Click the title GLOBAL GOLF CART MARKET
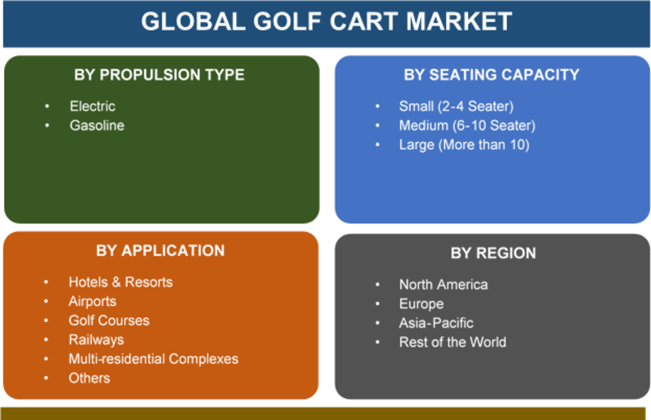326,21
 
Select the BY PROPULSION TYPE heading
159,75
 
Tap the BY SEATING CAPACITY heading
492,75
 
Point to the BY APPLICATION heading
160,251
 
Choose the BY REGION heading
493,253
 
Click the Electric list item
93,107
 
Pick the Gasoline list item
97,125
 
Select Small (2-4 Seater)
457,107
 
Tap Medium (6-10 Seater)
467,125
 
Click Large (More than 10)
464,145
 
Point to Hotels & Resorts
120,282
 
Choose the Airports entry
93,301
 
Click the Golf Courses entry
109,321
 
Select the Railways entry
96,339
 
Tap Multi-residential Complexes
154,359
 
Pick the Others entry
90,378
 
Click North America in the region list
443,285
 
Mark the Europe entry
422,304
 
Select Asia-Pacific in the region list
436,323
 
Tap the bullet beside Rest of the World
378,343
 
